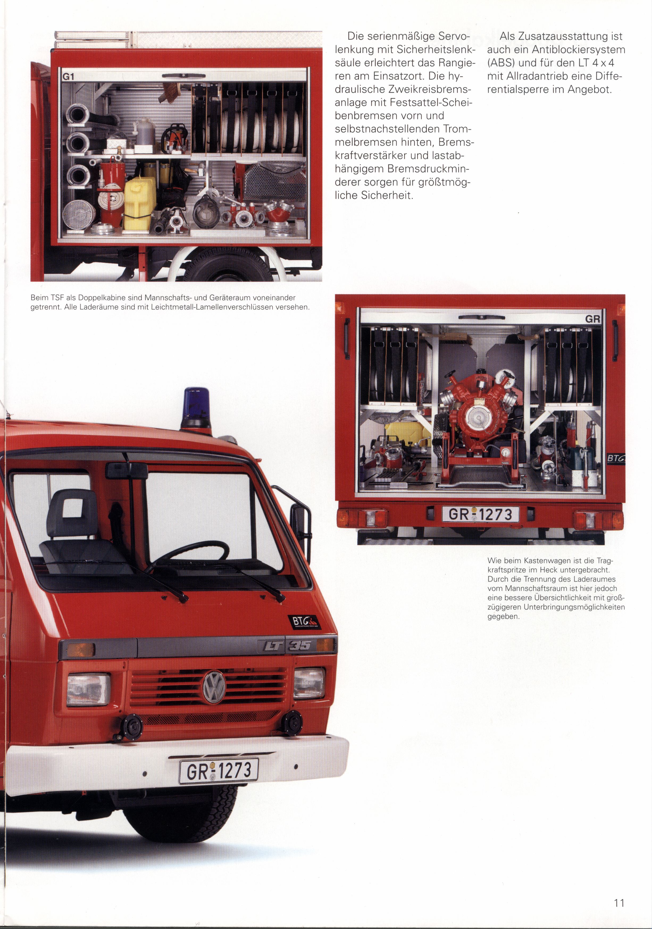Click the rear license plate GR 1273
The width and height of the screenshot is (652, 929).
[x=480, y=515]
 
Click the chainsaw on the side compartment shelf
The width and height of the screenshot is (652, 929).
[x=176, y=138]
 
